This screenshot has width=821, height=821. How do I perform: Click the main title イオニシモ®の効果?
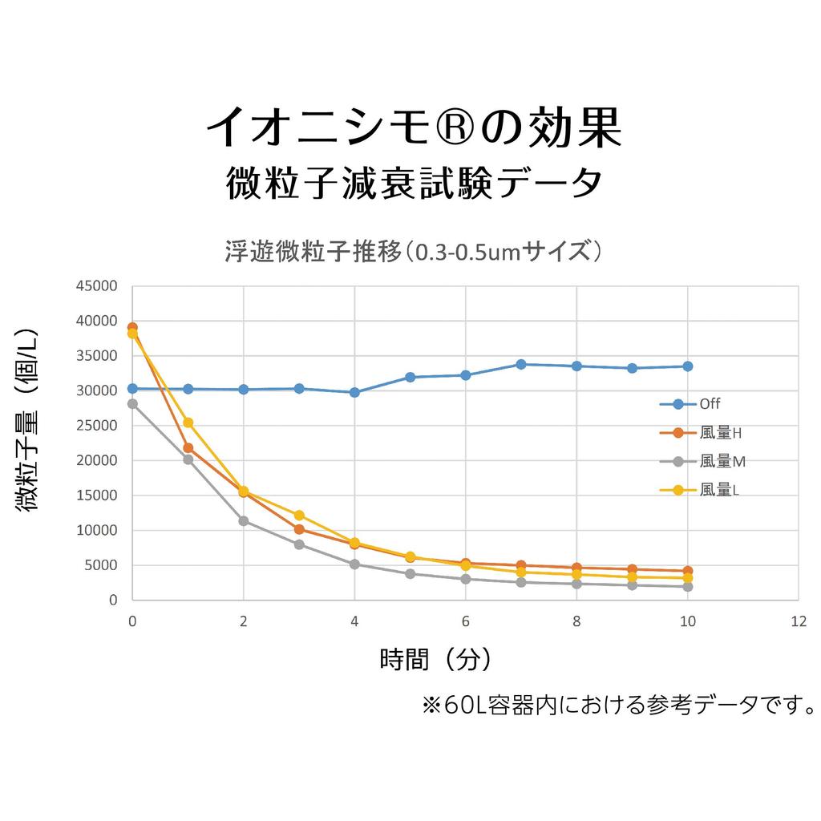(x=414, y=127)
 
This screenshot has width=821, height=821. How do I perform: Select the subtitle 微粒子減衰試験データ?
(x=413, y=184)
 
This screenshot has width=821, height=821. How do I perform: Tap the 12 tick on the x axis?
(x=798, y=621)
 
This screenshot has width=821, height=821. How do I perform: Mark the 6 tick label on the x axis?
(x=465, y=621)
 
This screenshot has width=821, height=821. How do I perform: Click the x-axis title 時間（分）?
(x=435, y=660)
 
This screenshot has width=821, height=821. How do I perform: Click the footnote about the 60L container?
(x=618, y=706)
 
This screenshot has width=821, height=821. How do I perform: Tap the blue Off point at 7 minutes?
(x=521, y=364)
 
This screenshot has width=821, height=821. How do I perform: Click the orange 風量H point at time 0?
(x=132, y=327)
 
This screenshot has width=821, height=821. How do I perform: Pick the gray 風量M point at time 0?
(x=132, y=404)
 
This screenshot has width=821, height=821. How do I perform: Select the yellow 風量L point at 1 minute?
(x=188, y=423)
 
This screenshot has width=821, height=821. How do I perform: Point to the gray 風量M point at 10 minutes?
(x=687, y=587)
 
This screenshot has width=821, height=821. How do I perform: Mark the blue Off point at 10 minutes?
(x=687, y=366)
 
